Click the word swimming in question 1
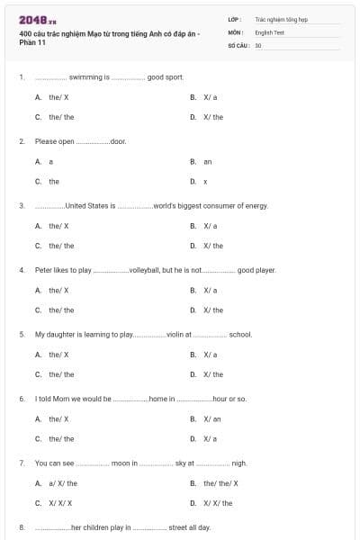[x=87, y=77]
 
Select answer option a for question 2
[x=51, y=161]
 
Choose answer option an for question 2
[x=207, y=161]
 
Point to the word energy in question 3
[x=256, y=206]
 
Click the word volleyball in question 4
[x=145, y=270]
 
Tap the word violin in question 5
[x=175, y=334]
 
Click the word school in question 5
[x=240, y=334]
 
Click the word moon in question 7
[x=122, y=463]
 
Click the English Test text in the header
[x=269, y=31]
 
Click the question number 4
[x=22, y=270]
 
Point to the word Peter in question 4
[x=43, y=270]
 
